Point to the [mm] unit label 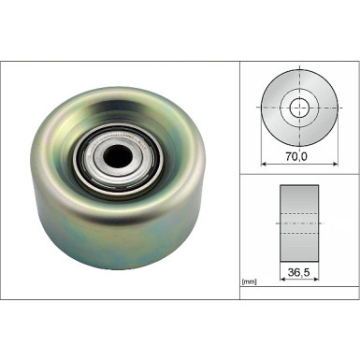point(249,281)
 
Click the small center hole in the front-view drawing point(300,106)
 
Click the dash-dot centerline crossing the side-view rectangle point(299,224)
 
